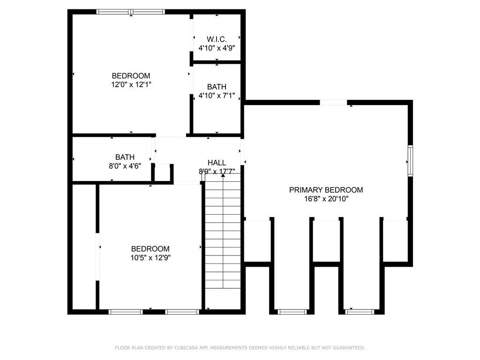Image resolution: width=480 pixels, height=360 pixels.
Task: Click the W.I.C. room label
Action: [217, 39]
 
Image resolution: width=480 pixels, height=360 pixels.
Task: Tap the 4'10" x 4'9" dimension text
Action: [217, 48]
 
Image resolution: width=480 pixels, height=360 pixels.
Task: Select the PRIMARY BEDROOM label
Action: [326, 190]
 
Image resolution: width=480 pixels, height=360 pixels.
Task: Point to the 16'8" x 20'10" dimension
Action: [326, 199]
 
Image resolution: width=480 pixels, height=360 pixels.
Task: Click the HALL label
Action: [217, 163]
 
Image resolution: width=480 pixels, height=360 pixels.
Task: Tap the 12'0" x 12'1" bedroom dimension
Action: [131, 84]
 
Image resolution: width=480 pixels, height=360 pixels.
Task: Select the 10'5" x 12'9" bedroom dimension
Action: [150, 257]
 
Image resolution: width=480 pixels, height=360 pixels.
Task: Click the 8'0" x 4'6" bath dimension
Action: [125, 166]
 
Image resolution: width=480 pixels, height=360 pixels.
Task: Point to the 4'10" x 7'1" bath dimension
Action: [217, 96]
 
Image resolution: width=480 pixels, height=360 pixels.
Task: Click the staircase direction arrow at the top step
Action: [223, 175]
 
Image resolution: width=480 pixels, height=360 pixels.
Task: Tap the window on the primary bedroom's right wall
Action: [410, 161]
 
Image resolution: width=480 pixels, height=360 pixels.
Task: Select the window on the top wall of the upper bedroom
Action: [131, 12]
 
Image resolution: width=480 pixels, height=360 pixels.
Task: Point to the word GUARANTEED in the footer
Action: [349, 348]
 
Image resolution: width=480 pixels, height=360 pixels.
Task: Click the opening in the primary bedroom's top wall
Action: [333, 103]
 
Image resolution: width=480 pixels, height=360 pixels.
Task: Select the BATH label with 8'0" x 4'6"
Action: [125, 157]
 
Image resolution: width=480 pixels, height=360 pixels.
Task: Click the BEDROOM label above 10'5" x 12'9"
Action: [150, 248]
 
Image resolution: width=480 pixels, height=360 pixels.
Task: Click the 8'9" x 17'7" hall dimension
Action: [217, 171]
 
